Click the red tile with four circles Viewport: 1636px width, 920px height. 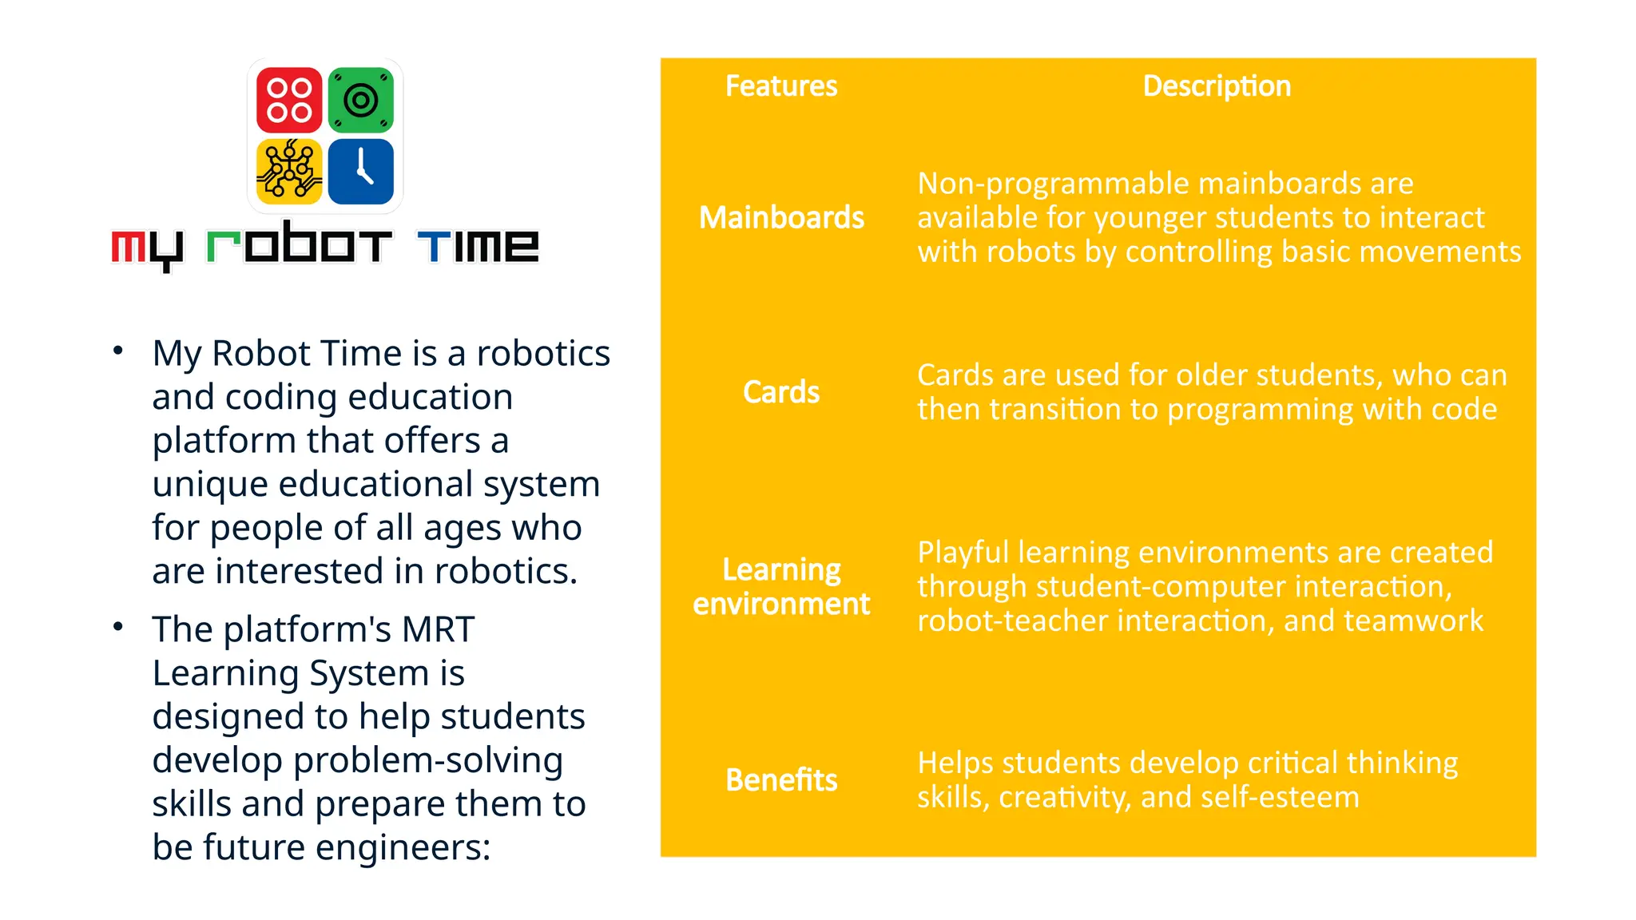click(289, 100)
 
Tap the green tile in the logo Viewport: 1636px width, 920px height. click(360, 100)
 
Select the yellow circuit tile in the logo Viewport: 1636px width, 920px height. click(289, 171)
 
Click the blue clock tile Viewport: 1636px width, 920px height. click(360, 171)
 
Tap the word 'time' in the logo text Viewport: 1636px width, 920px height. click(478, 245)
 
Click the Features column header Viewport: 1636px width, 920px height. click(780, 86)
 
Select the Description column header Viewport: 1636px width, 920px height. click(1216, 86)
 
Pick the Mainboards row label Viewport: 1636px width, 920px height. click(781, 217)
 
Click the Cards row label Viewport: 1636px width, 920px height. click(780, 392)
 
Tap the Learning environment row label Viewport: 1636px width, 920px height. click(780, 587)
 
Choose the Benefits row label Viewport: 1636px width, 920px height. click(780, 780)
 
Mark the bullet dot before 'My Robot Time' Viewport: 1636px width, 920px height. click(118, 351)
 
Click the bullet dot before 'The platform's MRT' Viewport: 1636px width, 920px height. click(118, 627)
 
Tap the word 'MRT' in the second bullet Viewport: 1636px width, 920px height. click(437, 629)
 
